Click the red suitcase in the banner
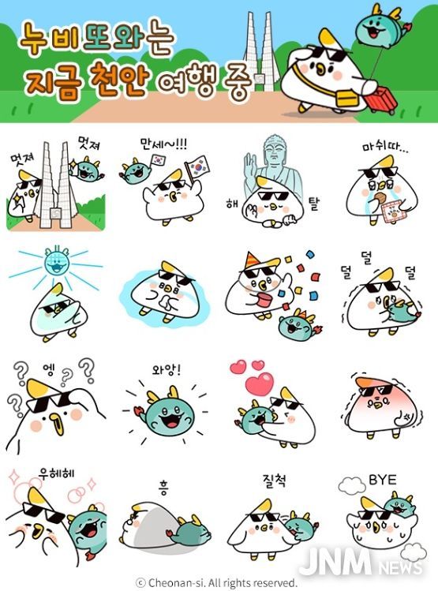pos(381,99)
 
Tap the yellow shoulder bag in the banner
pos(346,98)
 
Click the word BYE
pos(382,480)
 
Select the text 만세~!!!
pos(163,144)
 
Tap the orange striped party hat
pos(252,260)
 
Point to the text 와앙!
pos(167,370)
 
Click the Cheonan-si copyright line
pos(216,582)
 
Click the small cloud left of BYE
pos(351,485)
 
